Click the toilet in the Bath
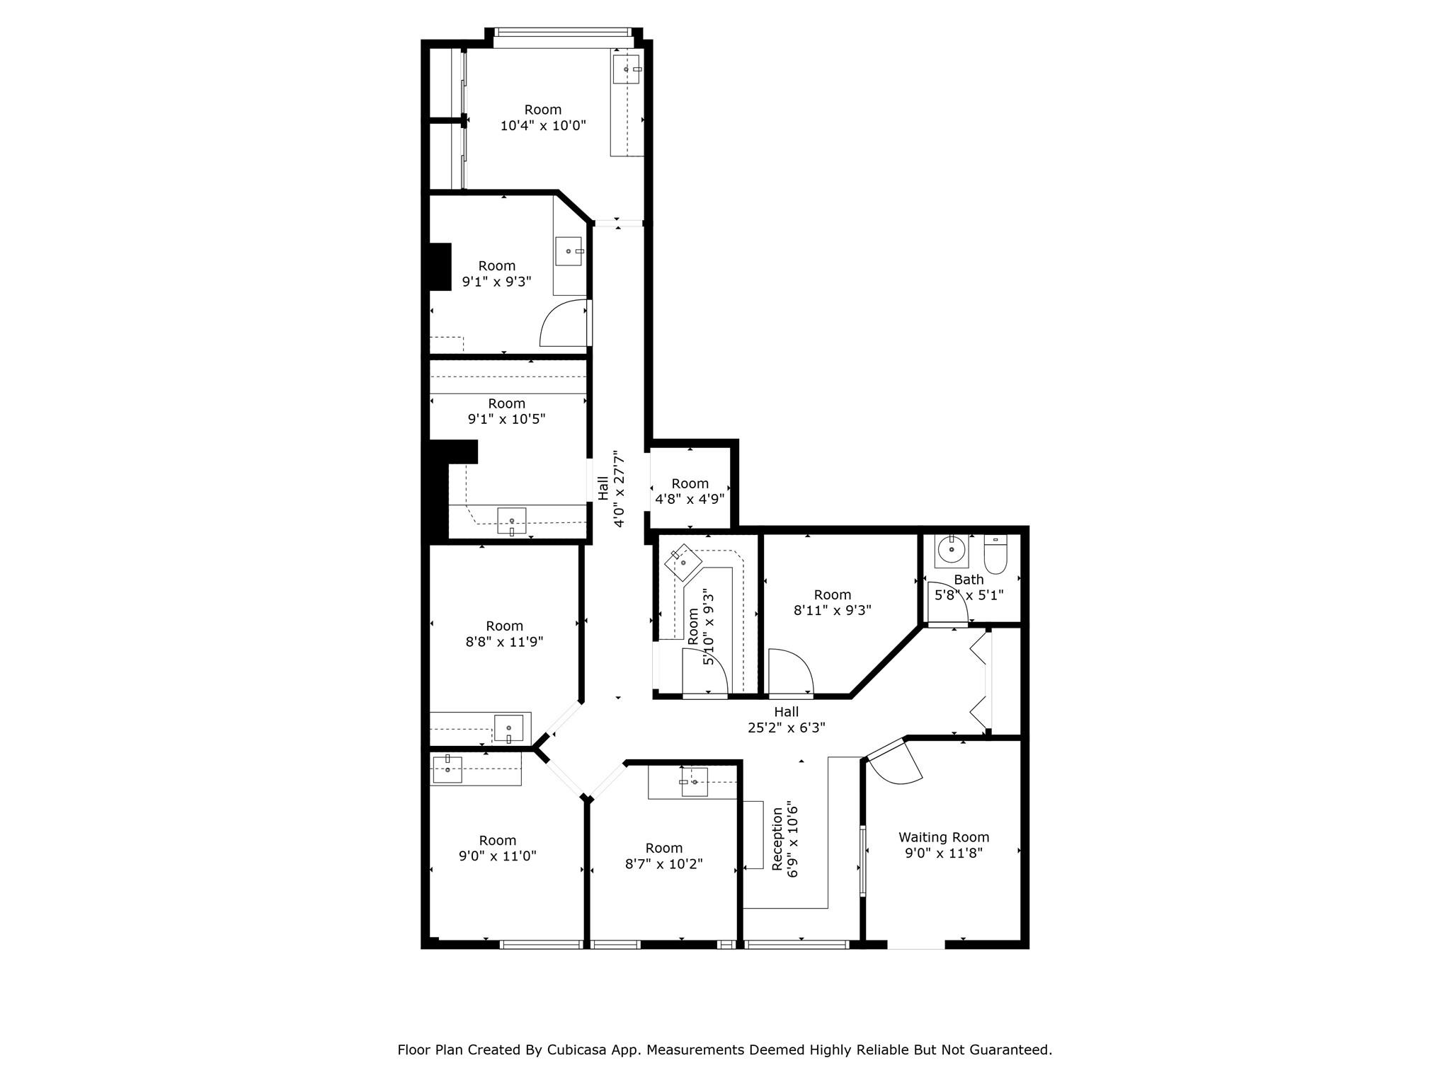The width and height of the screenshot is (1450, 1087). click(x=995, y=554)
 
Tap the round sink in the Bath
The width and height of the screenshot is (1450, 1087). click(x=952, y=548)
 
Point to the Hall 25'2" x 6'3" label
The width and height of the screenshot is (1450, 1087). click(x=786, y=720)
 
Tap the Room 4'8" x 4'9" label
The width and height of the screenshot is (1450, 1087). click(x=690, y=491)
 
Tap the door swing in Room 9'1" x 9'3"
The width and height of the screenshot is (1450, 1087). click(x=564, y=323)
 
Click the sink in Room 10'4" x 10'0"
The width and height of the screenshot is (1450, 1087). click(x=626, y=69)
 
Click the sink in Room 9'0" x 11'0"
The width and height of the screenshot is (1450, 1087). click(x=447, y=769)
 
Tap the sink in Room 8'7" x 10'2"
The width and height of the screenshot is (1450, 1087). click(x=695, y=782)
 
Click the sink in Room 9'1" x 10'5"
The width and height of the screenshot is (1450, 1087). click(x=511, y=522)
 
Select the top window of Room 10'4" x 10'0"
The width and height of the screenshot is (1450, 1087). click(x=561, y=33)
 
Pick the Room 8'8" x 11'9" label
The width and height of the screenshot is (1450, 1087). click(x=505, y=634)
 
